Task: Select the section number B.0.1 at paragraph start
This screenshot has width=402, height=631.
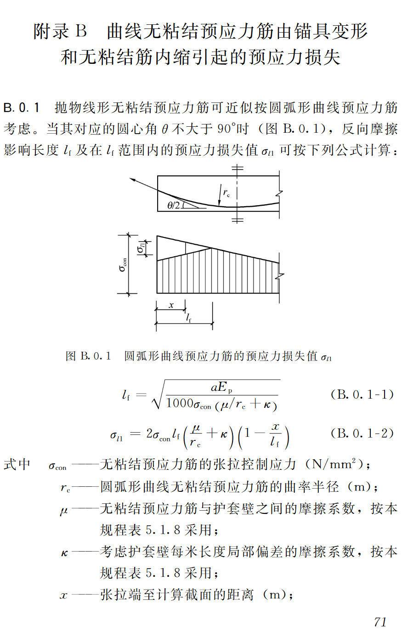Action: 22,108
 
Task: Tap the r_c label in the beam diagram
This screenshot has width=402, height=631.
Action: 226,193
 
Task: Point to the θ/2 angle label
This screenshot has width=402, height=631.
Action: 174,205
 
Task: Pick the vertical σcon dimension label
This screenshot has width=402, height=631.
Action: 123,265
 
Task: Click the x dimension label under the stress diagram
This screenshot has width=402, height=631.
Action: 170,305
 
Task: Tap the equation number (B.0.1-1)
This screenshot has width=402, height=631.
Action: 362,394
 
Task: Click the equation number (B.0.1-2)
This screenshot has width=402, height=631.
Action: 362,433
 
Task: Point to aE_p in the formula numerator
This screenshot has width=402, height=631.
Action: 221,387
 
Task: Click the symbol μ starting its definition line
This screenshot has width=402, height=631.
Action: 63,510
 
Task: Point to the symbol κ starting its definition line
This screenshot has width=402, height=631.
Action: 64,552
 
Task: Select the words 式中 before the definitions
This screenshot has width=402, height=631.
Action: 17,464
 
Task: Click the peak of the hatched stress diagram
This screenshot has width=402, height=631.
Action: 211,248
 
